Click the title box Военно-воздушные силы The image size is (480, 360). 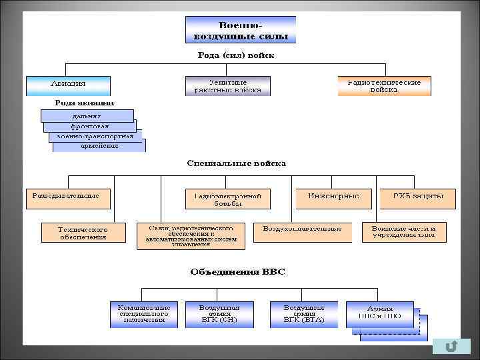pyautogui.click(x=240, y=29)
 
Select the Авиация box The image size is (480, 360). pyautogui.click(x=68, y=85)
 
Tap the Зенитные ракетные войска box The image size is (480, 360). pyautogui.click(x=227, y=85)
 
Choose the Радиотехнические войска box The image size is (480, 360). pyautogui.click(x=384, y=85)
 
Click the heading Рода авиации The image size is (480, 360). pyautogui.click(x=85, y=103)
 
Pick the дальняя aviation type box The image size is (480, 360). pyautogui.click(x=87, y=115)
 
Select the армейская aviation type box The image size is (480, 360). pyautogui.click(x=99, y=145)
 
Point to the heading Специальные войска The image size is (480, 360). pyautogui.click(x=237, y=162)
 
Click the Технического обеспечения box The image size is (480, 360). pyautogui.click(x=83, y=232)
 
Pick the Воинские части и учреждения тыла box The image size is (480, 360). pyautogui.click(x=404, y=232)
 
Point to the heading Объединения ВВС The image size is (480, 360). pyautogui.click(x=237, y=271)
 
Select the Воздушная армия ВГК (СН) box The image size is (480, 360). pyautogui.click(x=219, y=314)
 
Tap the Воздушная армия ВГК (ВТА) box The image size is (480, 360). pyautogui.click(x=304, y=314)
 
